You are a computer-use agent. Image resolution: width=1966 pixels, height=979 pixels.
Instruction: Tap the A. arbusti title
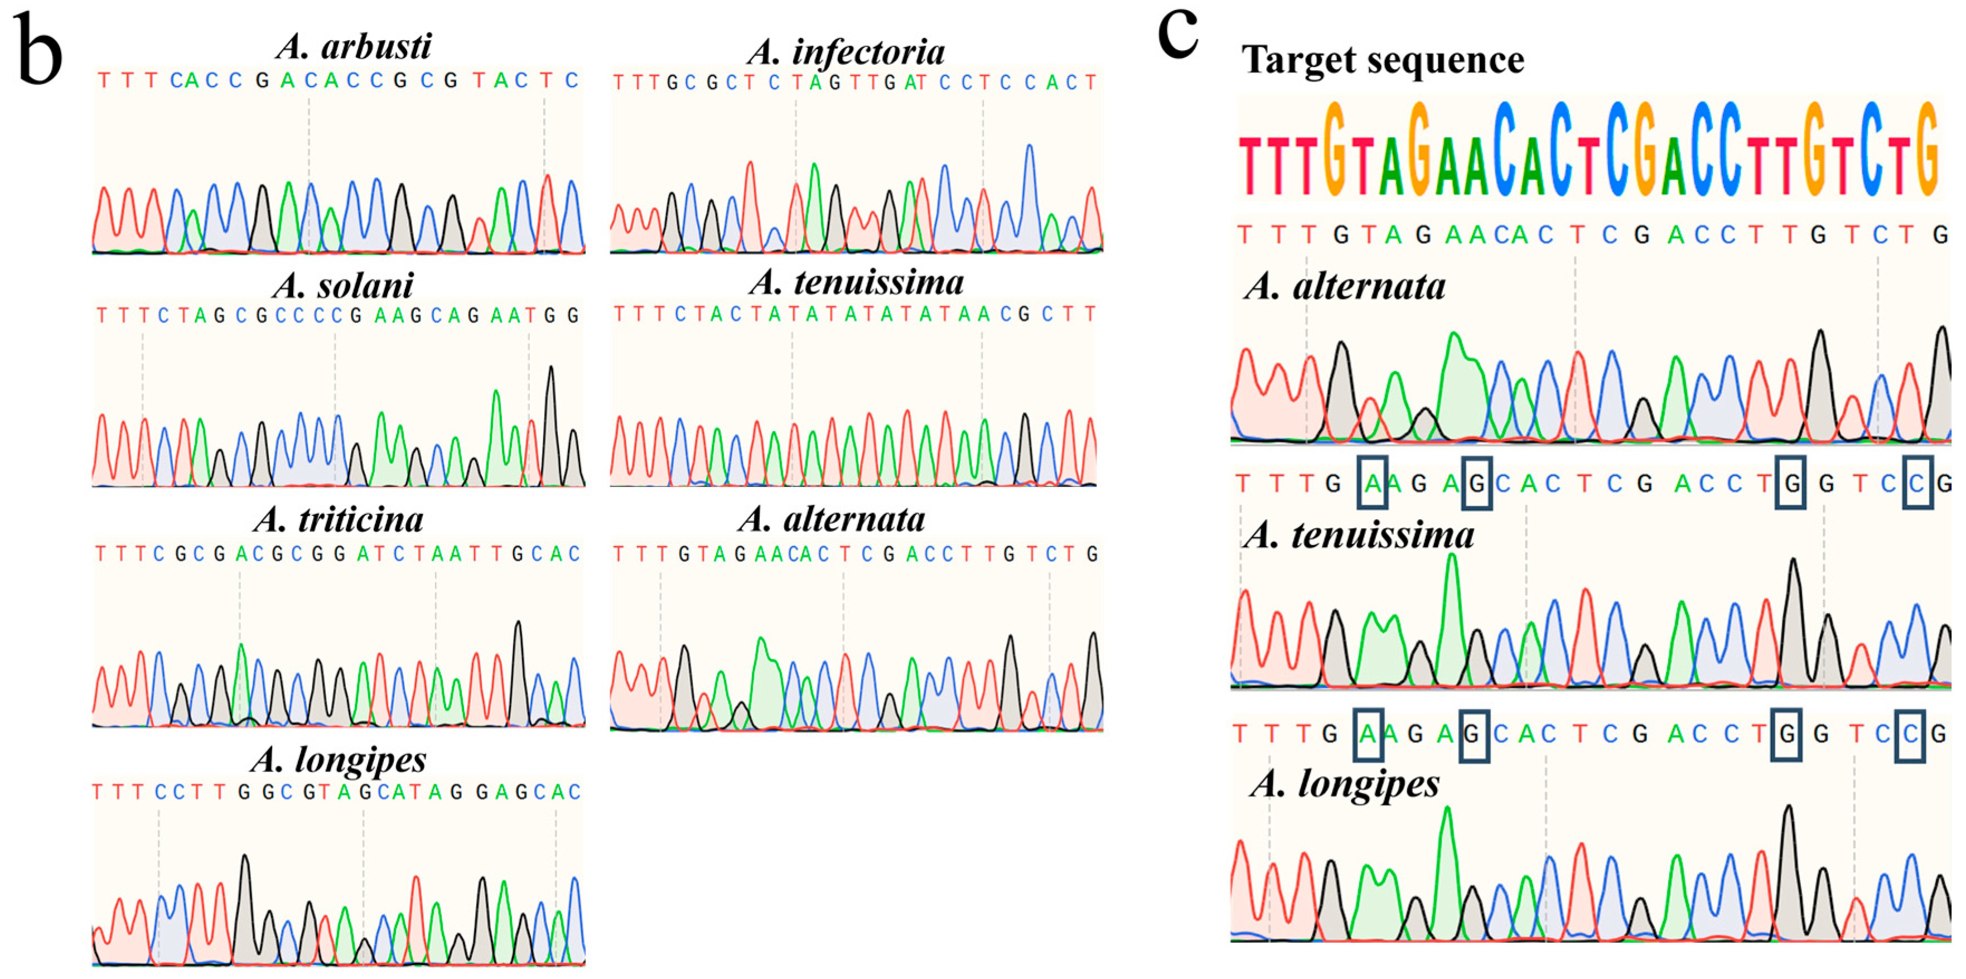tap(354, 46)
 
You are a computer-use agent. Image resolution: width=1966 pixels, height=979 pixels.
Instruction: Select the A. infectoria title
tap(846, 52)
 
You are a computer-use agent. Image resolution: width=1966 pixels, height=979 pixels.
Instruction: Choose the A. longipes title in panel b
tap(339, 760)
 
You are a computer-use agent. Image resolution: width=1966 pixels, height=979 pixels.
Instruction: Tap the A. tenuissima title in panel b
tap(856, 282)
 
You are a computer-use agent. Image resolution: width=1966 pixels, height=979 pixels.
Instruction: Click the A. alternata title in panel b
tap(832, 520)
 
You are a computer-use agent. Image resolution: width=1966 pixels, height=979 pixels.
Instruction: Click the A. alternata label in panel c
tap(1345, 287)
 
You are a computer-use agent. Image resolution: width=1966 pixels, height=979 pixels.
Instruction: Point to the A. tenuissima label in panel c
tap(1359, 535)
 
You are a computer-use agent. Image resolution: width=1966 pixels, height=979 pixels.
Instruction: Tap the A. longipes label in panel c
tap(1345, 784)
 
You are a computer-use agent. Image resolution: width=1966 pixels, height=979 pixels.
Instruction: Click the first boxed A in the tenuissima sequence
tap(1371, 483)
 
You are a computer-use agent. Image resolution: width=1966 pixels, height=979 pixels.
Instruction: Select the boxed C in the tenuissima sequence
tap(1917, 483)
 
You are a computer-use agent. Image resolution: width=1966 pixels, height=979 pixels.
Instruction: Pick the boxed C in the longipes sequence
tap(1910, 734)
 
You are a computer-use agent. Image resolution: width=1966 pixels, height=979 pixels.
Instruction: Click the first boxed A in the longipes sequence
tap(1367, 734)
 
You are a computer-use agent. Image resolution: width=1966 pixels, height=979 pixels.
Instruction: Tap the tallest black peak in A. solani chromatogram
tap(551, 370)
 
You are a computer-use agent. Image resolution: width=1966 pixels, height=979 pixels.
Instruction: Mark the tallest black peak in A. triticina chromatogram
tap(518, 625)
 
